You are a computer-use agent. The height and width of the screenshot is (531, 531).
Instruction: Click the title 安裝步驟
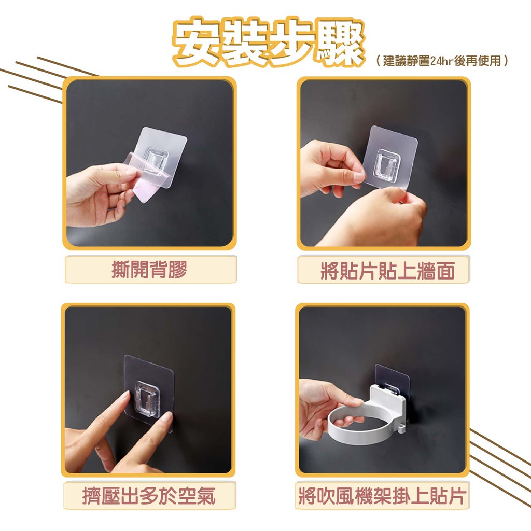[x=269, y=41]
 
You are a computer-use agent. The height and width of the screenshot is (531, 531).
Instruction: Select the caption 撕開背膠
[x=149, y=270]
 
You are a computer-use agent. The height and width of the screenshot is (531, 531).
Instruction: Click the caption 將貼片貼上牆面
[x=387, y=271]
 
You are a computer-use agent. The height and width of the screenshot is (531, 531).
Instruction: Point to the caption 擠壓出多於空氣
[x=149, y=496]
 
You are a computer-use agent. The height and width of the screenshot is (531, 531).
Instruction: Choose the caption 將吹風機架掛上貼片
[x=382, y=495]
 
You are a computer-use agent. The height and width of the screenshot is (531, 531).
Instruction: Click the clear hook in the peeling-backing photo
[x=156, y=161]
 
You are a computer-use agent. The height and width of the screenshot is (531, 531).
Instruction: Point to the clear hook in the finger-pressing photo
[x=147, y=398]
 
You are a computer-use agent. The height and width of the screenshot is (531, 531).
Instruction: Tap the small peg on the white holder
[x=402, y=428]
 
